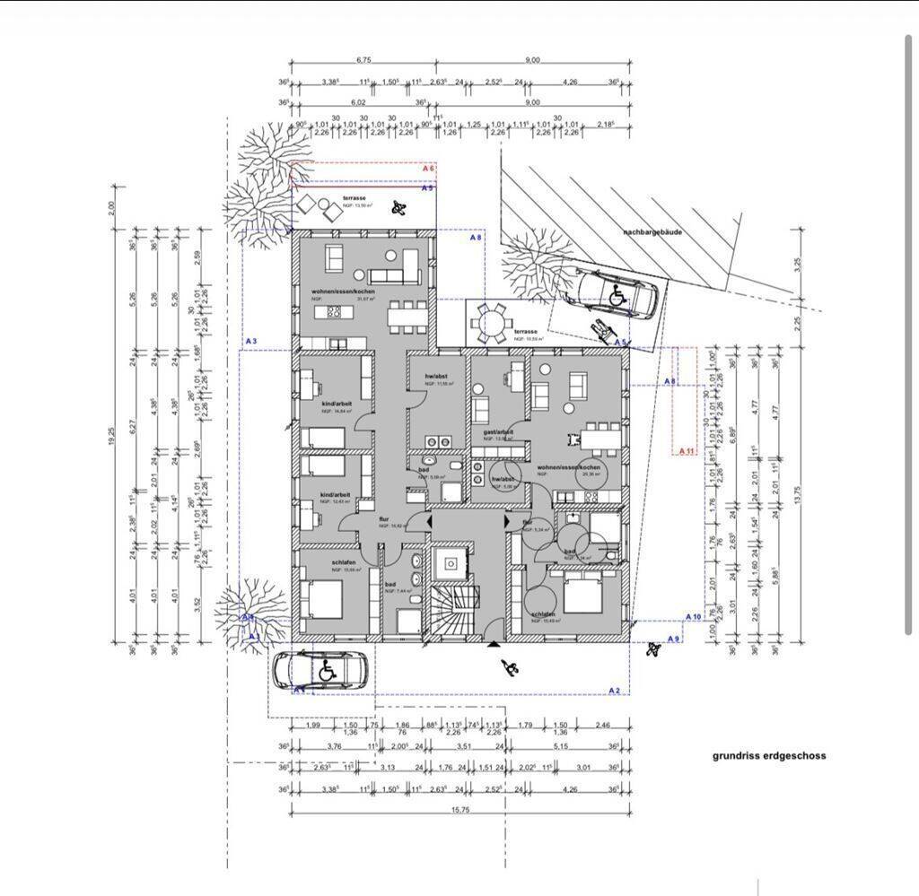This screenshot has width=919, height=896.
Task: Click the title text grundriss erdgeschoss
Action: tap(769, 756)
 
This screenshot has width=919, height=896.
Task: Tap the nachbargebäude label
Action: tap(652, 231)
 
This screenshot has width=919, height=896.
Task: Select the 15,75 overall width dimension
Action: tap(460, 810)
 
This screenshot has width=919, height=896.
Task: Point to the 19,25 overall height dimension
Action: tap(112, 436)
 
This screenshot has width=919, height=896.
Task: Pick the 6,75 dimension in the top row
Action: tap(363, 60)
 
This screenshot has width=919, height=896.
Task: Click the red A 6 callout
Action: tap(428, 169)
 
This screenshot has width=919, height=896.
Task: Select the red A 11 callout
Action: tap(687, 450)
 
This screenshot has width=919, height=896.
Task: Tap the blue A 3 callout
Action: tap(251, 342)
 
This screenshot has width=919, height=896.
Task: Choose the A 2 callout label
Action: tap(615, 690)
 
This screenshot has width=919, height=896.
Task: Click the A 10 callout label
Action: tap(693, 617)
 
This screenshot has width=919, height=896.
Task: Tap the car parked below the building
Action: tap(320, 669)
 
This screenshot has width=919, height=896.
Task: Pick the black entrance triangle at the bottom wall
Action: tap(493, 643)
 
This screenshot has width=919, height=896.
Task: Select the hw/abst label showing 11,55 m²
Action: tap(437, 376)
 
